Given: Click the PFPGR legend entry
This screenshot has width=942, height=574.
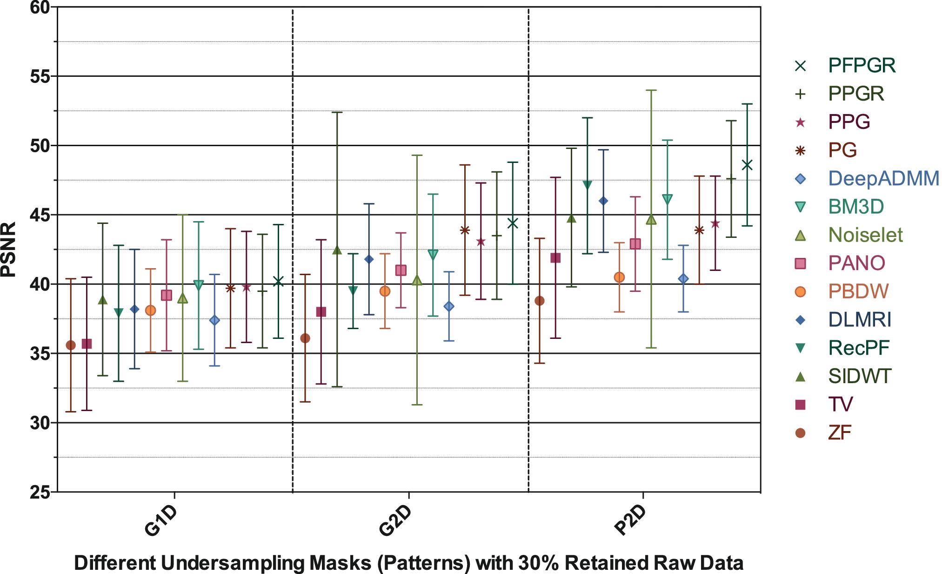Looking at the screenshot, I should pyautogui.click(x=862, y=65).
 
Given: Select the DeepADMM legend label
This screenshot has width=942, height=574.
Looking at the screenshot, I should pyautogui.click(x=883, y=179).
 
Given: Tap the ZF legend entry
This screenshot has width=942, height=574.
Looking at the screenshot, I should pyautogui.click(x=840, y=433).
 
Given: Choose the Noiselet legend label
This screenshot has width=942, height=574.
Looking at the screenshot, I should pyautogui.click(x=865, y=235).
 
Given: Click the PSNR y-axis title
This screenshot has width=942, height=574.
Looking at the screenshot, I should pyautogui.click(x=9, y=249).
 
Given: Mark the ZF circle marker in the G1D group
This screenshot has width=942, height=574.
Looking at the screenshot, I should pyautogui.click(x=71, y=345).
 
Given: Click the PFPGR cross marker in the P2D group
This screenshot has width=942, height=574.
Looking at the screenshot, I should pyautogui.click(x=747, y=165).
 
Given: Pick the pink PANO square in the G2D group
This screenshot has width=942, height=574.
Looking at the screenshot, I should pyautogui.click(x=401, y=270).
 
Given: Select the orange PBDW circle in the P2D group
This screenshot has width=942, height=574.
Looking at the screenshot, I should pyautogui.click(x=619, y=277).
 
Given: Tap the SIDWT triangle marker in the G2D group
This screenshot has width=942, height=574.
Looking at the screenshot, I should pyautogui.click(x=337, y=250).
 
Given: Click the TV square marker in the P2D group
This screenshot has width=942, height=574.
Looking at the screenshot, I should pyautogui.click(x=555, y=258).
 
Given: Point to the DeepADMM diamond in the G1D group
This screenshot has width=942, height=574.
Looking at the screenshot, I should pyautogui.click(x=214, y=320).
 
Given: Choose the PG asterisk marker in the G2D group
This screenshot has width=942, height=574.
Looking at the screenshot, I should pyautogui.click(x=465, y=230).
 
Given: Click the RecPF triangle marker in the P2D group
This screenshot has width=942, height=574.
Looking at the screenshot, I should pyautogui.click(x=587, y=185).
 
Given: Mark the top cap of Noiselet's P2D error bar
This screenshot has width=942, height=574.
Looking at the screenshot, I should pyautogui.click(x=651, y=90).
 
